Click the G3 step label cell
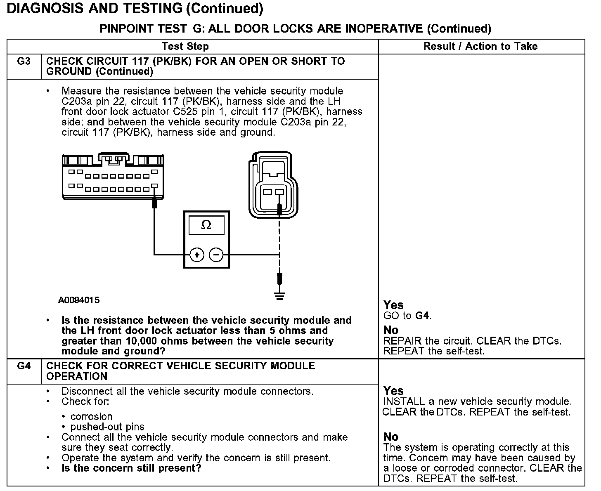point(24,61)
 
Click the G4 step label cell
point(24,366)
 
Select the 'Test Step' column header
point(185,46)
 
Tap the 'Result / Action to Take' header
point(480,46)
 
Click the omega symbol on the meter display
point(206,225)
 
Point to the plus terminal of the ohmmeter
point(197,255)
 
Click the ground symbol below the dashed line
point(279,295)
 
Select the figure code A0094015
point(79,300)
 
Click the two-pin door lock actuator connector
point(272,186)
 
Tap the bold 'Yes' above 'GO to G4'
point(393,305)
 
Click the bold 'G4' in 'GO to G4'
point(423,316)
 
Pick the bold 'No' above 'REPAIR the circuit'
point(390,330)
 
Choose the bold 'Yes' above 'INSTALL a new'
point(393,391)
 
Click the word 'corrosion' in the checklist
point(91,417)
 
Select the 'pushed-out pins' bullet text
point(107,427)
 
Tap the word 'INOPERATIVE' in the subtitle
point(383,28)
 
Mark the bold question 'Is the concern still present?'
point(131,468)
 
